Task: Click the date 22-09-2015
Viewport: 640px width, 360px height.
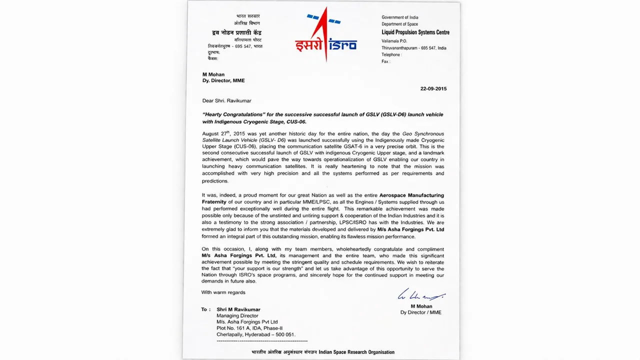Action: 433,88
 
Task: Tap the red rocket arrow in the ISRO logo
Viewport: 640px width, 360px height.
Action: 325,35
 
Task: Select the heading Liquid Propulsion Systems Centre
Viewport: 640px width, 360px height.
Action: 415,32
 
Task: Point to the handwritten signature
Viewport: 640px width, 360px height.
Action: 420,295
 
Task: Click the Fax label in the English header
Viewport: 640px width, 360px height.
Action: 385,61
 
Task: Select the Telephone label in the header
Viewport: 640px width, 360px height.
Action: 391,54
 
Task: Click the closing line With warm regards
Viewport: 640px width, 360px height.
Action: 223,292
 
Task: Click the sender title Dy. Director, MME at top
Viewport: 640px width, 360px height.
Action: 223,80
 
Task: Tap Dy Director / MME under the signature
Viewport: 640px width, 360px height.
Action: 420,312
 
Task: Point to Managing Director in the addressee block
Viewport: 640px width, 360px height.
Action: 237,315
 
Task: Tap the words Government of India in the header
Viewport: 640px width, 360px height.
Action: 399,17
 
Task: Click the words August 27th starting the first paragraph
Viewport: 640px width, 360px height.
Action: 215,133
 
